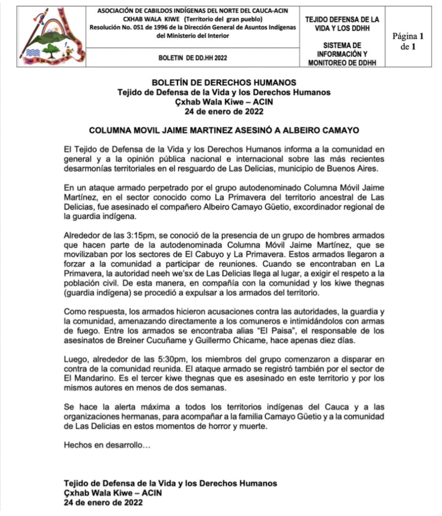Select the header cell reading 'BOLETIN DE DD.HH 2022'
point(192,57)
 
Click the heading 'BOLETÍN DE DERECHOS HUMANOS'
point(224,83)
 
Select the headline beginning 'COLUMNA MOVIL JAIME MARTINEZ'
point(224,130)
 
